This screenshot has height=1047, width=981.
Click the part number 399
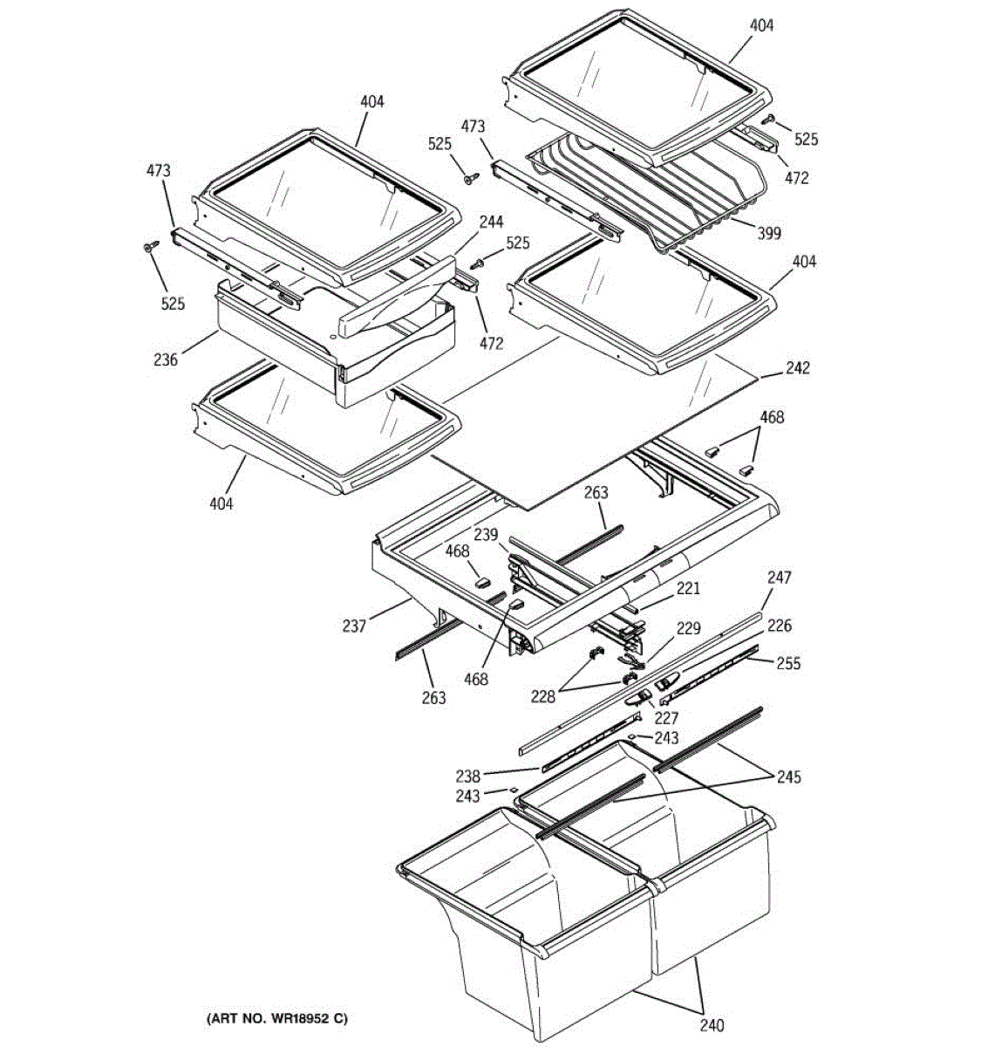pos(769,233)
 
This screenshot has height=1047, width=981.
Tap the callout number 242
pos(797,368)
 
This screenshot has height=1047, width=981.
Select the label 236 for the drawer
pos(166,359)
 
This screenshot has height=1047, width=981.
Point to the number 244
pos(491,222)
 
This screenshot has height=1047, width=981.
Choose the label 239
pos(486,534)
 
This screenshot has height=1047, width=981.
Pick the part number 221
pos(688,589)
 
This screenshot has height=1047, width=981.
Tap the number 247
pos(779,577)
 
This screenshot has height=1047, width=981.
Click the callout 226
pos(779,626)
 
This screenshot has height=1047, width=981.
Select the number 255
pos(788,663)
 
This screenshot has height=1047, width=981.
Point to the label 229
pos(689,628)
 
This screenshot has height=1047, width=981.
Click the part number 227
pos(666,719)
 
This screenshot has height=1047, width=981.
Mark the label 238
pos(467,776)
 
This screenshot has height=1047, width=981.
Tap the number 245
pos(789,777)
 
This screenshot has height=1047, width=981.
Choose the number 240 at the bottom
pos(712,1026)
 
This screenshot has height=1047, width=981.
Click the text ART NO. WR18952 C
pos(276,1018)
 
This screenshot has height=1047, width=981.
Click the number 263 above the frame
pos(596,493)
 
